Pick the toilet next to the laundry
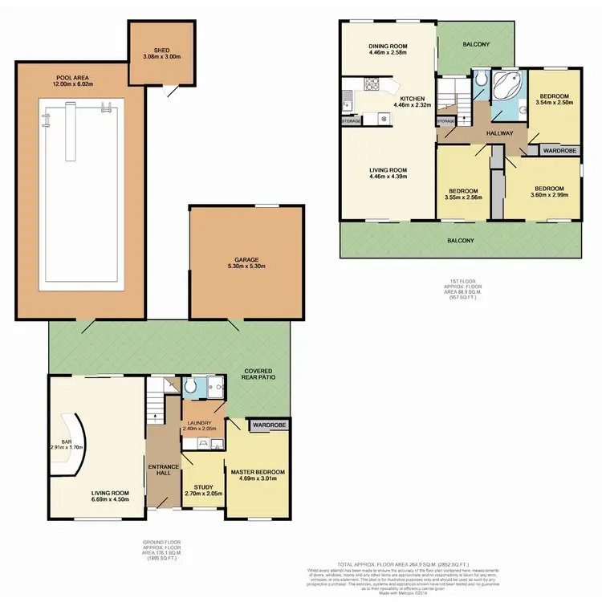point(190,388)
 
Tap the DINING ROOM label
point(387,46)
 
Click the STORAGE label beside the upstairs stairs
point(445,121)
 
